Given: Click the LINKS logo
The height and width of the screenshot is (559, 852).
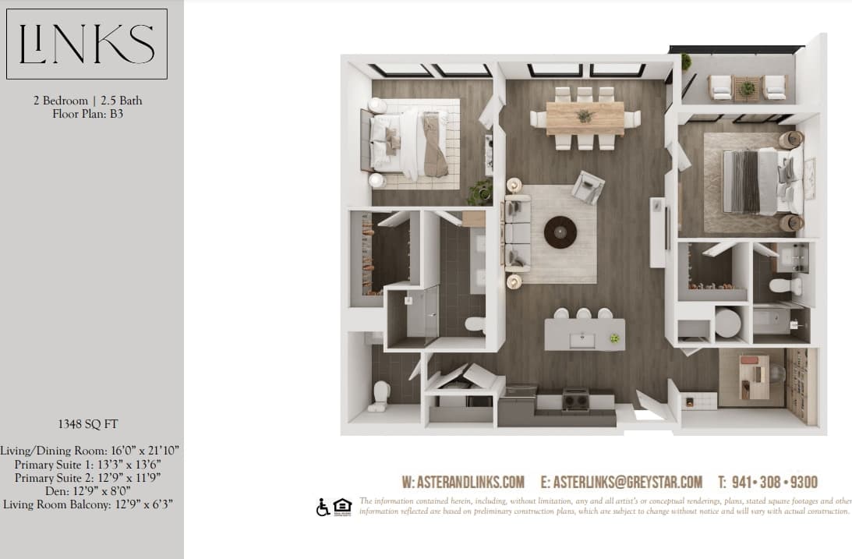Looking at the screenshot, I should [x=87, y=44].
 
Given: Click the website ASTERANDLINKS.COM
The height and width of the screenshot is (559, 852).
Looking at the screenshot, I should [x=463, y=482].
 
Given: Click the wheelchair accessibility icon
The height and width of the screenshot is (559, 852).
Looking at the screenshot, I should [x=323, y=507].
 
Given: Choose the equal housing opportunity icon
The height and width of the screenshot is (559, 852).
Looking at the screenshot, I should [x=342, y=507].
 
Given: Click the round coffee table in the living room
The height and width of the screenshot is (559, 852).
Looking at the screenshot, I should [x=560, y=232].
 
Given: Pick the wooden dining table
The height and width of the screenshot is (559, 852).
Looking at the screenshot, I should [x=585, y=118].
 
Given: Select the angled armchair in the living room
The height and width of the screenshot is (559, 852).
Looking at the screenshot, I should [x=588, y=186].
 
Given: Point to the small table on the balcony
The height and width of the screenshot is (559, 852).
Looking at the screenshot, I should [x=747, y=89].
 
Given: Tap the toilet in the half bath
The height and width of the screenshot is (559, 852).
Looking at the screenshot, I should [x=380, y=394].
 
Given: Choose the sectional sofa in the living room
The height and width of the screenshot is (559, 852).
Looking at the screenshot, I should [x=516, y=232].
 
